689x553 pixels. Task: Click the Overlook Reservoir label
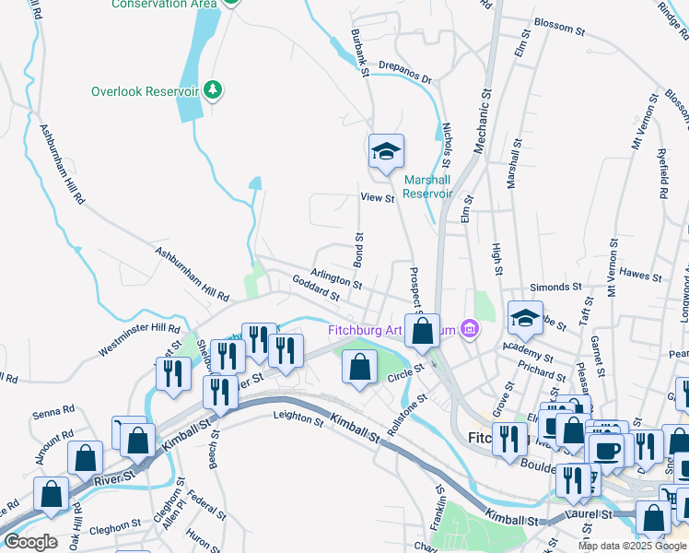(145, 91)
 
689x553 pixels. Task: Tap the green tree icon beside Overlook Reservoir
(214, 89)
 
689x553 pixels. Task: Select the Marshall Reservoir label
(427, 187)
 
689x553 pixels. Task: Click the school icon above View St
(386, 152)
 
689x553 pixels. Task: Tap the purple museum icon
(471, 328)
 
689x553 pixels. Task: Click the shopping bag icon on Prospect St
(423, 334)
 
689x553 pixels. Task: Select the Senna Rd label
(53, 409)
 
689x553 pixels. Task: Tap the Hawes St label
(641, 274)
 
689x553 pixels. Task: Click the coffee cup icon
(607, 451)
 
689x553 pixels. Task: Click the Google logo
(30, 542)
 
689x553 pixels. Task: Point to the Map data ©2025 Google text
(632, 545)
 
